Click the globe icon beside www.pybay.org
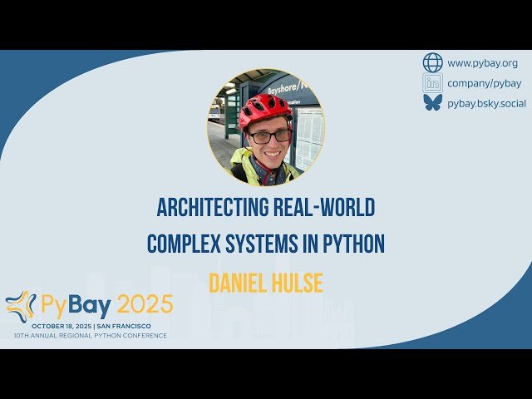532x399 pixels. (433, 63)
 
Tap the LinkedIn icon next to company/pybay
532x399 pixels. (433, 82)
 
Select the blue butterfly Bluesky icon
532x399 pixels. (433, 102)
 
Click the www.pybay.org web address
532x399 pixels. (482, 63)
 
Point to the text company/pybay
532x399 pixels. (484, 83)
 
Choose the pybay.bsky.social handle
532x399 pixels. (486, 102)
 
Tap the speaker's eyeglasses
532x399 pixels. (270, 135)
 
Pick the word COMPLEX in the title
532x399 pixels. (182, 244)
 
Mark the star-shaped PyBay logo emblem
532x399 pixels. (21, 306)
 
